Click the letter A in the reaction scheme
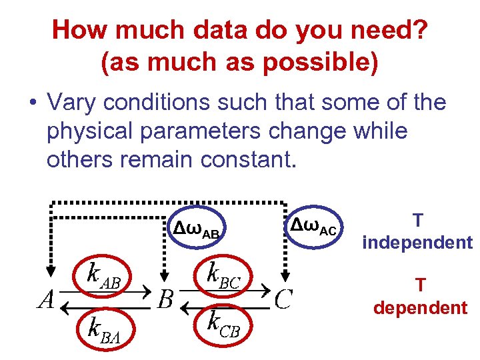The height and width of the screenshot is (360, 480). click(x=46, y=299)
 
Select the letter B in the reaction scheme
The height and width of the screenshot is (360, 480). click(x=166, y=299)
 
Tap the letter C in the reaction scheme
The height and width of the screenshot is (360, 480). click(x=283, y=299)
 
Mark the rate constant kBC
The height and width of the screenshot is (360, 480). click(x=223, y=274)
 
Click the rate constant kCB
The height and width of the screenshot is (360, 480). click(x=223, y=325)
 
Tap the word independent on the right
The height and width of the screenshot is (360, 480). click(x=417, y=242)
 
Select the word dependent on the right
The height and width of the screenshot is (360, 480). click(x=420, y=307)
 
